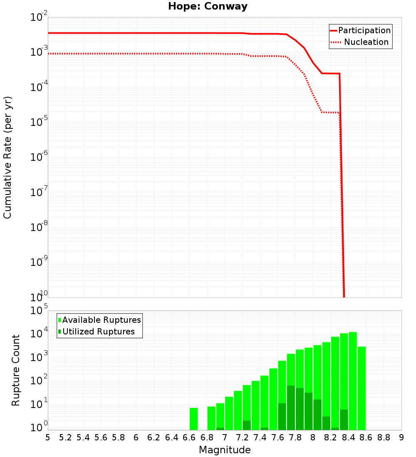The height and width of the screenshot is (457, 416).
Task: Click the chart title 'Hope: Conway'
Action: [208, 7]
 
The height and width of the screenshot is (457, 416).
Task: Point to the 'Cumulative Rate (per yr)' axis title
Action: [7, 157]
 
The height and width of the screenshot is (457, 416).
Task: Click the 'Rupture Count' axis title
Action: [16, 370]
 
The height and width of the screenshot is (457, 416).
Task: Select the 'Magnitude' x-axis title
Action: [225, 450]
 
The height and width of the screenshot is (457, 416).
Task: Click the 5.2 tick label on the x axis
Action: [66, 437]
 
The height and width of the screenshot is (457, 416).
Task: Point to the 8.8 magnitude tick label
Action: [384, 437]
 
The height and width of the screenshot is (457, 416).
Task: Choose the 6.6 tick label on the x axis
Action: [189, 437]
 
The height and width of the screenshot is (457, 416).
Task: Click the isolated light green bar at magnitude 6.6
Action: [193, 419]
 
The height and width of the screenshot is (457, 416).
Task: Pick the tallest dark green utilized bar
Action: [291, 408]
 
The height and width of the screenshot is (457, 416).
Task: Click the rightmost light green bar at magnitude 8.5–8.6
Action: [362, 388]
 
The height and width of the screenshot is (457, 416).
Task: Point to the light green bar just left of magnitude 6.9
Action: [211, 418]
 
